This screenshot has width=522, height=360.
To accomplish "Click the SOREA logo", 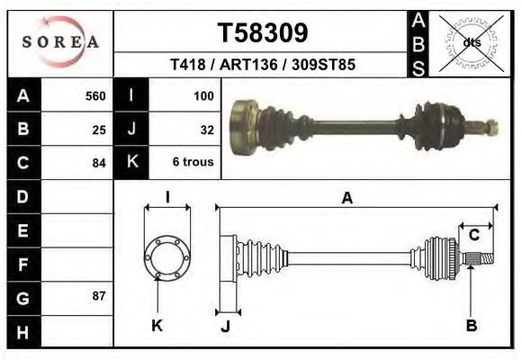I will [60, 42].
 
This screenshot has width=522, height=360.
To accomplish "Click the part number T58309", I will [263, 33].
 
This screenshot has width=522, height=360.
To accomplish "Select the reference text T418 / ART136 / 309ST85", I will [262, 65].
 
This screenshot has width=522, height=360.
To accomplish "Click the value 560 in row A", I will [94, 95].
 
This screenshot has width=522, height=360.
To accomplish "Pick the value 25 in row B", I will [99, 129].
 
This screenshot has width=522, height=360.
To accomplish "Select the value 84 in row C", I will [99, 163].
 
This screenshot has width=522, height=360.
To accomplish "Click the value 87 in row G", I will [99, 295].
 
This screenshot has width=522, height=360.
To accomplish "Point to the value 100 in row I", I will [202, 95].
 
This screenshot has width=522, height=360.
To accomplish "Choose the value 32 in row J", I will [206, 129].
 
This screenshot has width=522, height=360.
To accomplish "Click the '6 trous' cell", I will [193, 163].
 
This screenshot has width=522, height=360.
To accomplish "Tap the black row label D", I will [22, 196].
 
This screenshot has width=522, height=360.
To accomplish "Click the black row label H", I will [22, 331].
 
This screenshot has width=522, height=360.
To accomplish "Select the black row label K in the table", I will [131, 162].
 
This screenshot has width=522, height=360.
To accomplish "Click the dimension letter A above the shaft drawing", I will [346, 199].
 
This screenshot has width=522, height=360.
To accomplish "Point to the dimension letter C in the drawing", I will [473, 236].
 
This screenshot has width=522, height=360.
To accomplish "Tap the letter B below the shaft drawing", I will [471, 326].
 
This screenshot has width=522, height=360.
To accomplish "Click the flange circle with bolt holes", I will [167, 256].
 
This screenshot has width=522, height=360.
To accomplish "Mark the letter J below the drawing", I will [225, 327].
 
